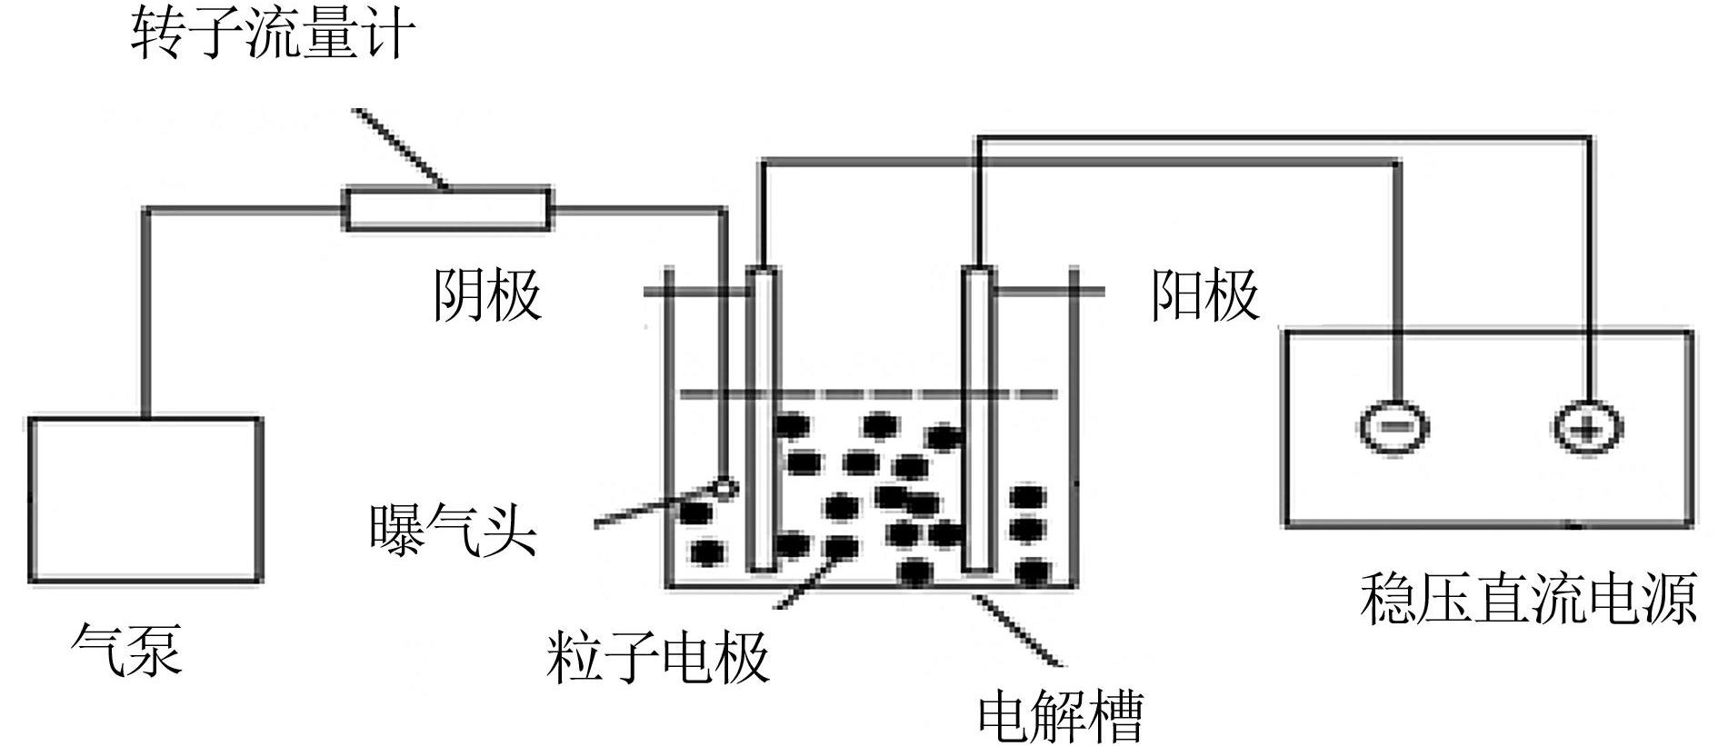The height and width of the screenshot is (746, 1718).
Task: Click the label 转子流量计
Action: pos(274,35)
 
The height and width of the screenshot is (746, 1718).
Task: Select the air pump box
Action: pos(145,499)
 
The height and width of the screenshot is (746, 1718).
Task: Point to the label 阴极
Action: pos(487,294)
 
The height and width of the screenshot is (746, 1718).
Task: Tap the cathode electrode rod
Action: pos(762,418)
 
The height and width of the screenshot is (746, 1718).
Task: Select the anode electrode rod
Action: pos(978,418)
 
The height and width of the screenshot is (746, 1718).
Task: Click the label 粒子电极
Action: pos(658,656)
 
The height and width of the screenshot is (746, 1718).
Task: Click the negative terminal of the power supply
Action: pos(1393,427)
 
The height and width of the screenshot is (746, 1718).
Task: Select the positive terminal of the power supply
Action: pos(1586,427)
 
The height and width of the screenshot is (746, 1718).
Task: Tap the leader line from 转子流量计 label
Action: pos(400,148)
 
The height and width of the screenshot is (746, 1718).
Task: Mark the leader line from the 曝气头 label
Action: pos(654,509)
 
